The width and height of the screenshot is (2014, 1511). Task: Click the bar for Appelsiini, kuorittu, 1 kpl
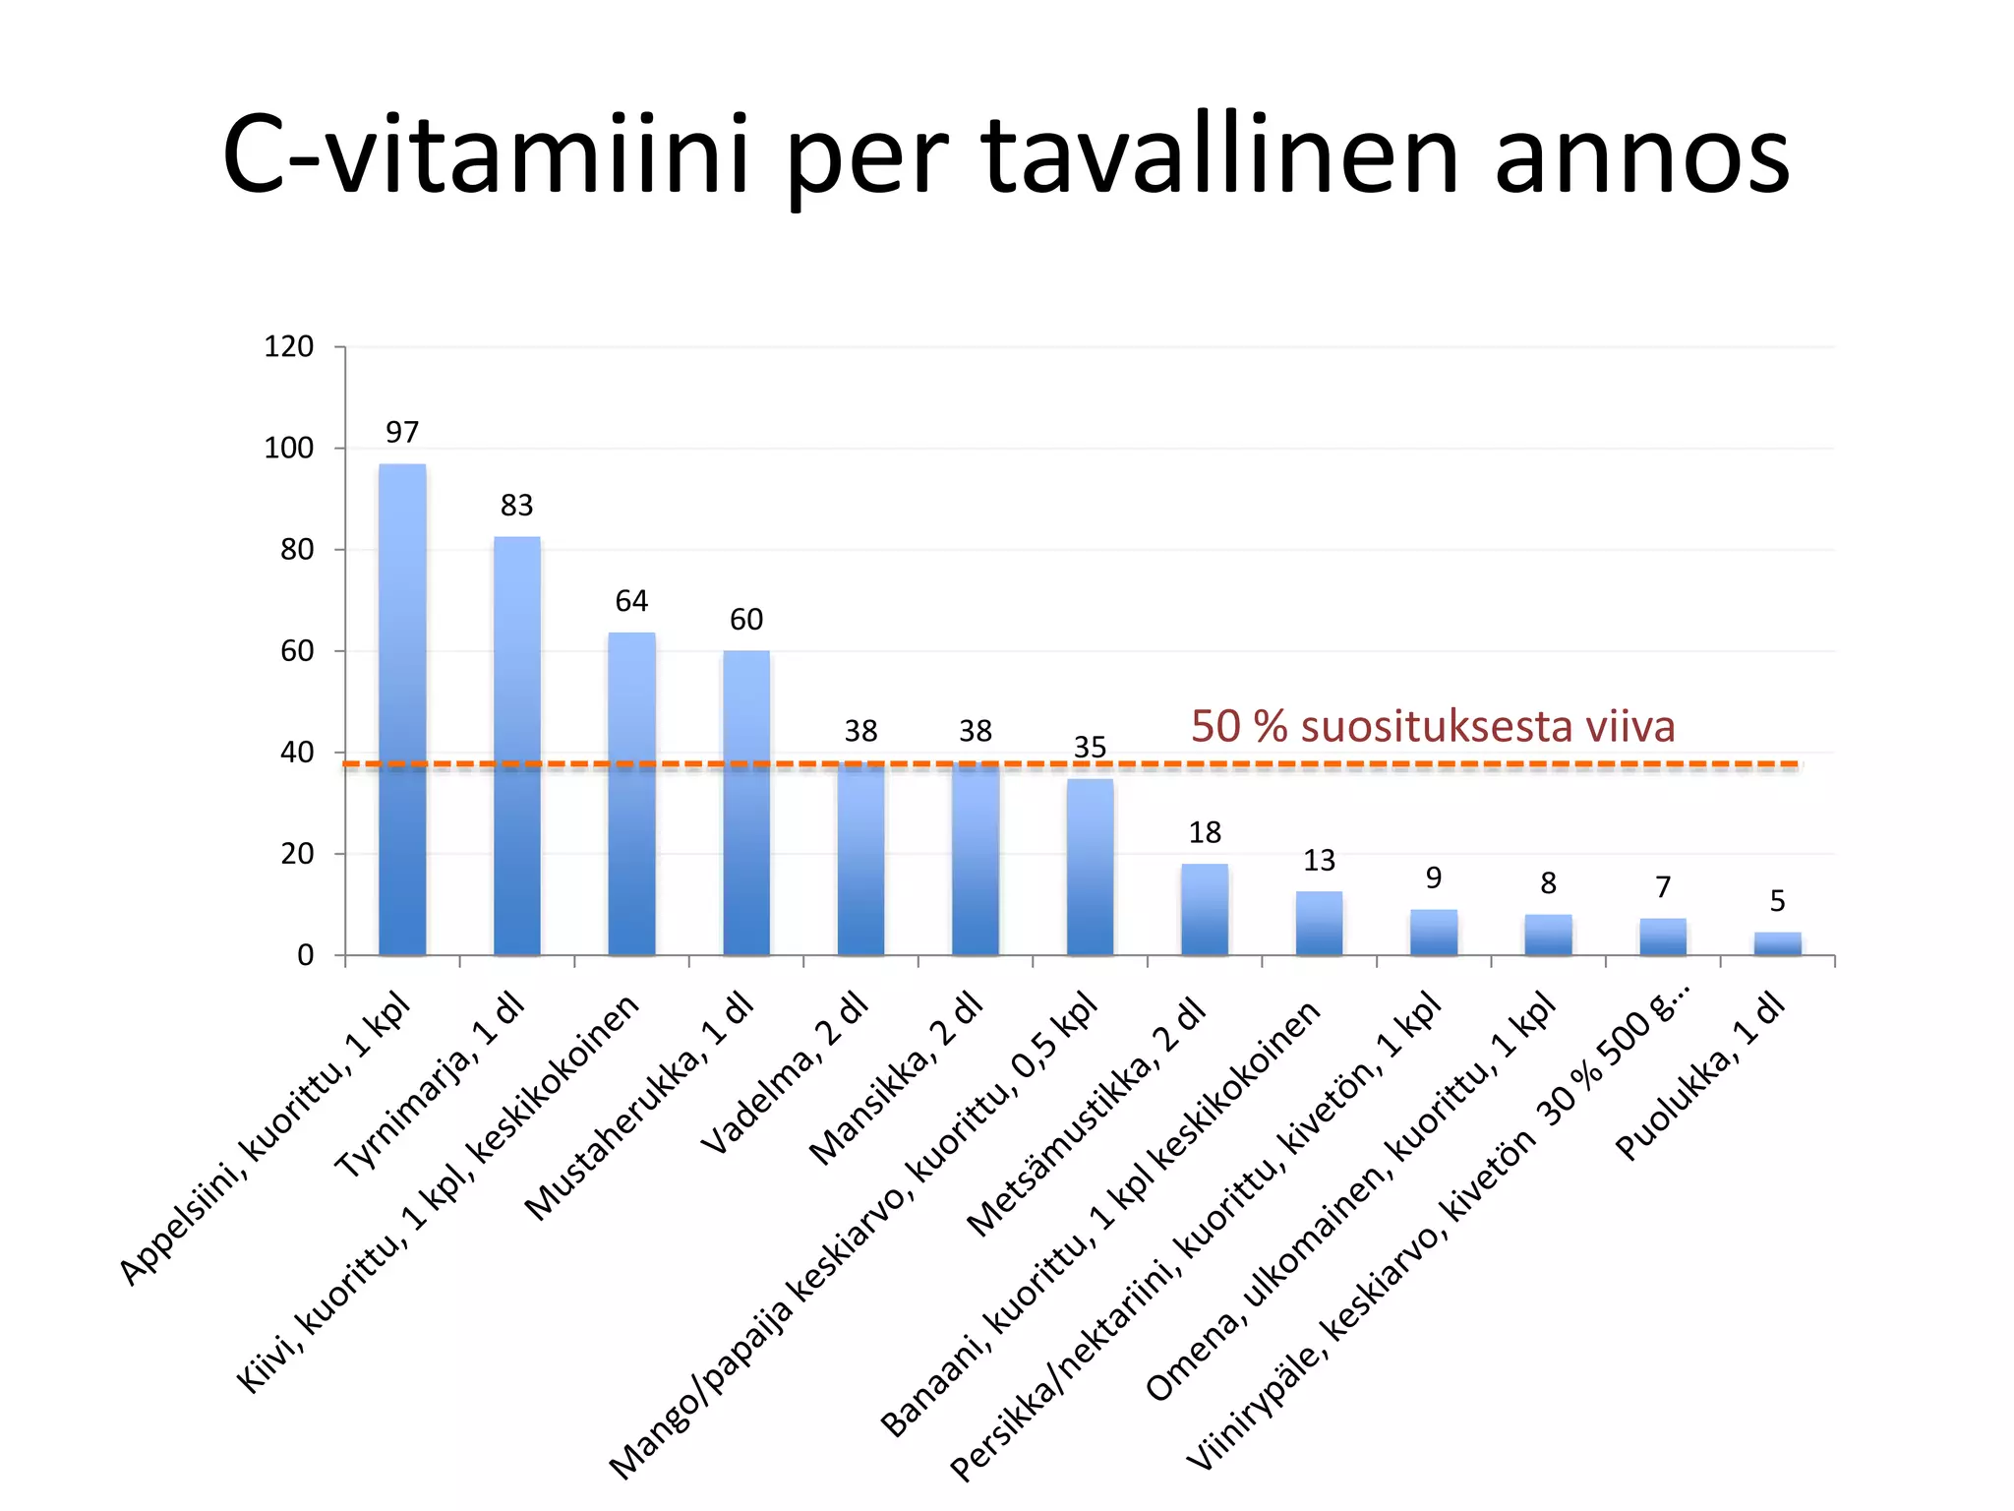(x=402, y=708)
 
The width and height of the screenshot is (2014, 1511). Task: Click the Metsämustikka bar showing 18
(x=1205, y=910)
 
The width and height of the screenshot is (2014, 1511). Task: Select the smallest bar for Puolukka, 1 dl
(x=1777, y=943)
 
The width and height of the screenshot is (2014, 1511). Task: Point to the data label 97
(x=402, y=433)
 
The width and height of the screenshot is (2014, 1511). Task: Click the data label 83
(x=517, y=506)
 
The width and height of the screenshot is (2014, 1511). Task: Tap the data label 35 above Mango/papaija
(x=1090, y=748)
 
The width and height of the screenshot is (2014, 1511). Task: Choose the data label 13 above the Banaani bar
(x=1319, y=861)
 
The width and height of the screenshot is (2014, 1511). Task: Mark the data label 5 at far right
(x=1777, y=901)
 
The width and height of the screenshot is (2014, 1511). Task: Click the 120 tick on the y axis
(x=289, y=346)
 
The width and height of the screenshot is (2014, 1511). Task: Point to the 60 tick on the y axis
(x=297, y=651)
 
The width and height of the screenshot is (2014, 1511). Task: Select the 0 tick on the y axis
(x=306, y=955)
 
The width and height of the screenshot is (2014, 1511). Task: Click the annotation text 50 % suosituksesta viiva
(x=1433, y=727)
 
